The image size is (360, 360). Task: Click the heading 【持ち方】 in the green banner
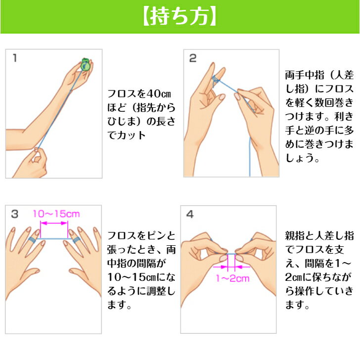click(x=180, y=17)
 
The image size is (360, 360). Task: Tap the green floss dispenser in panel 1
click(x=85, y=64)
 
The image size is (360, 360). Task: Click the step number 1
click(x=15, y=58)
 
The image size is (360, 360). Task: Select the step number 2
click(x=193, y=58)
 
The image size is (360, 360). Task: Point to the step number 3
click(x=14, y=214)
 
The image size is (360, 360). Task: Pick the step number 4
click(x=190, y=214)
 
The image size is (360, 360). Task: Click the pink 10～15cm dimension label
click(x=56, y=214)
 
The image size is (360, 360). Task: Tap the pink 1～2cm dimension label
click(x=232, y=278)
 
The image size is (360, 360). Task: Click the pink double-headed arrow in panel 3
click(x=54, y=223)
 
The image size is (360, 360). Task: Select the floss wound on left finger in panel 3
click(x=32, y=240)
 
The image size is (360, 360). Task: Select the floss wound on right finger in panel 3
click(x=76, y=240)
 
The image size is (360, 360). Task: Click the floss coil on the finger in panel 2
click(x=216, y=80)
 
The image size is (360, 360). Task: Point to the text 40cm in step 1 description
click(x=159, y=94)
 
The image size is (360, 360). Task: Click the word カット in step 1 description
click(x=131, y=135)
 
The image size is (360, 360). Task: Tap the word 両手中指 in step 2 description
click(x=305, y=75)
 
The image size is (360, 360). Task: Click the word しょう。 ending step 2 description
click(x=302, y=158)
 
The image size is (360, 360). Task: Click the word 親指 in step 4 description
click(x=295, y=236)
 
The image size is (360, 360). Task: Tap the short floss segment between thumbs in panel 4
click(x=231, y=254)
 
